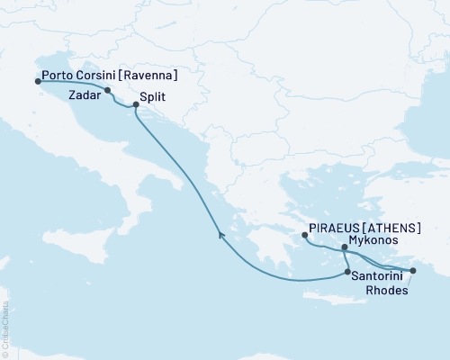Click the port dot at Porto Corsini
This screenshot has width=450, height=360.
[38, 81]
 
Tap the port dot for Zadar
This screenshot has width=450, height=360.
[108, 90]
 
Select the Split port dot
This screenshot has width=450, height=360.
[136, 105]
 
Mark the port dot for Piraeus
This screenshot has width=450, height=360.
[305, 236]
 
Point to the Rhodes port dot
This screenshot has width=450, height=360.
[413, 271]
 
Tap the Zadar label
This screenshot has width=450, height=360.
[83, 92]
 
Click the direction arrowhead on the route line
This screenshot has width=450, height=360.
[220, 234]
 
